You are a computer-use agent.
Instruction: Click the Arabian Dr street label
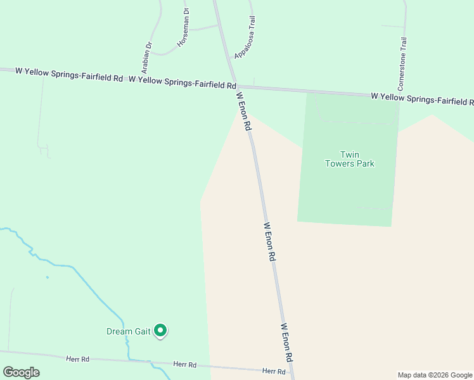click(x=149, y=56)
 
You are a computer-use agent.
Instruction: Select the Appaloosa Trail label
click(x=245, y=39)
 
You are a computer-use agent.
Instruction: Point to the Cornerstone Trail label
click(x=402, y=64)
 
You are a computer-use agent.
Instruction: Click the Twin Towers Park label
click(x=349, y=159)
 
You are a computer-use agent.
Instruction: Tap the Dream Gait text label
click(x=128, y=331)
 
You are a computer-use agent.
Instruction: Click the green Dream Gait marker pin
click(x=161, y=330)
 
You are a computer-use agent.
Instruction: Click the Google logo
click(x=21, y=372)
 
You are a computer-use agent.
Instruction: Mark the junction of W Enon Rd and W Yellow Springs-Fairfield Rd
click(x=235, y=87)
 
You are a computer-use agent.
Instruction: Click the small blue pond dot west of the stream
click(x=47, y=277)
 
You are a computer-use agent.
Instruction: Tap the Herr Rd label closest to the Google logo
click(x=78, y=359)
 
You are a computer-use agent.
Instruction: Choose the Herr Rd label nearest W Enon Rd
click(x=274, y=370)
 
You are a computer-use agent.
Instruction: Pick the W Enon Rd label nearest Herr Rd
click(x=286, y=342)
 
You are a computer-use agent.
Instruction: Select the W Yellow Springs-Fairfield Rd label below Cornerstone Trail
click(x=422, y=99)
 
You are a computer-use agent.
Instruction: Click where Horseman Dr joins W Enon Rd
click(x=219, y=25)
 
